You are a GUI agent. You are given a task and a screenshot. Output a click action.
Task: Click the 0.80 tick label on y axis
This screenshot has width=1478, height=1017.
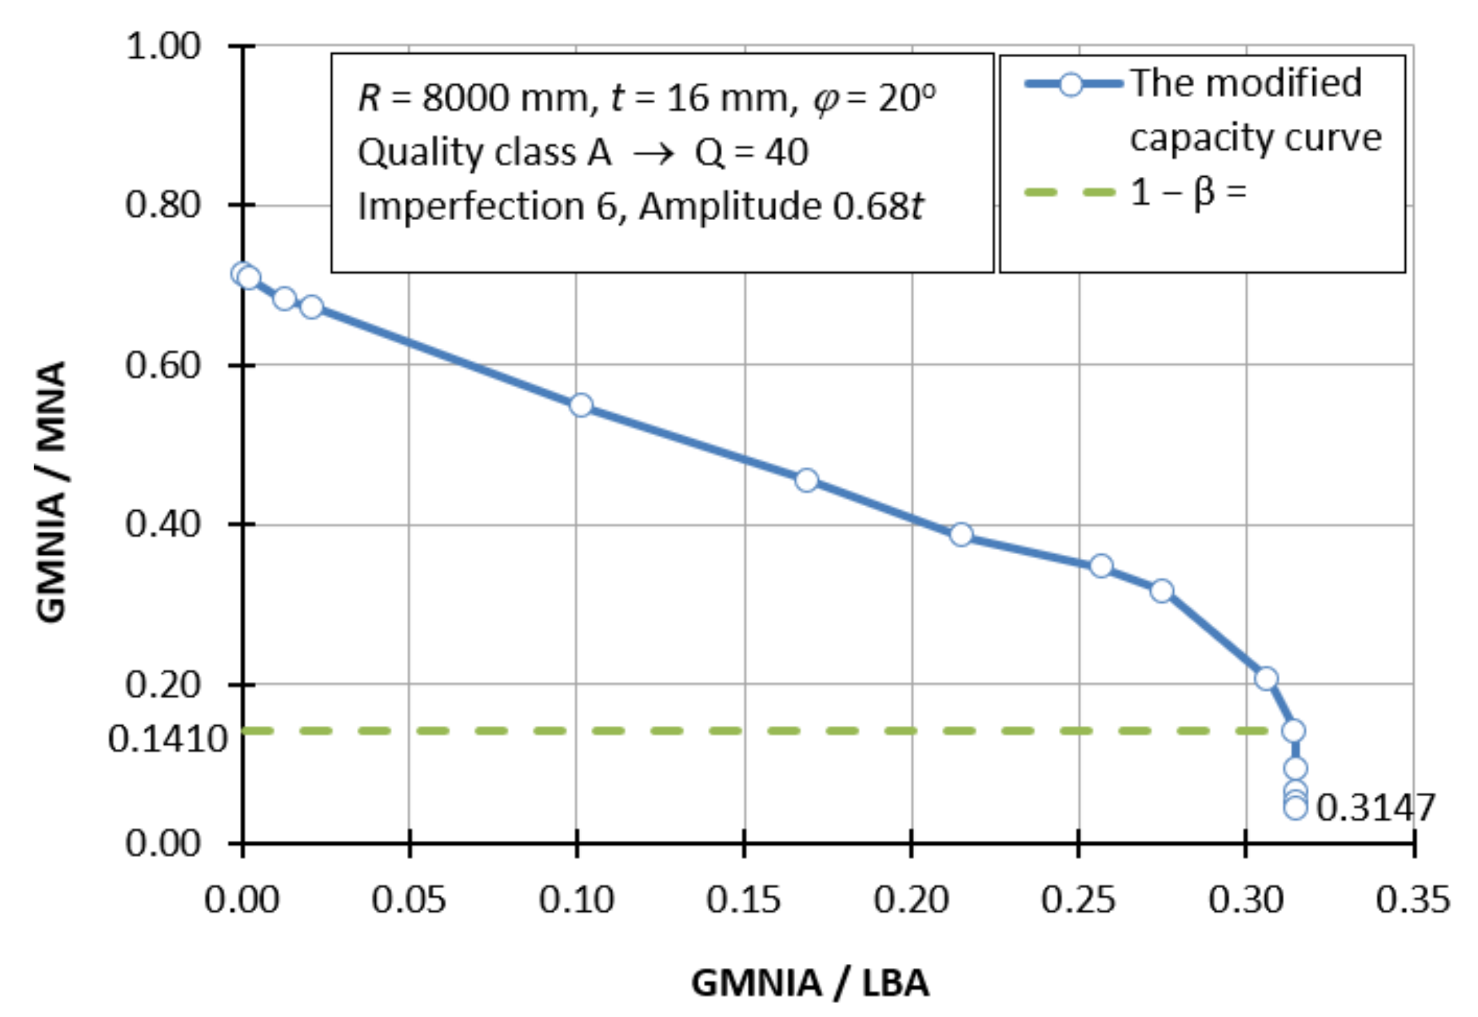coord(163,205)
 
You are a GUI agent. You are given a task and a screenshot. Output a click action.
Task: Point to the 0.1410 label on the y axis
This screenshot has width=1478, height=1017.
coord(167,740)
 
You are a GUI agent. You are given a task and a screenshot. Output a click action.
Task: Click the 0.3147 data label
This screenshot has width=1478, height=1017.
coord(1375,808)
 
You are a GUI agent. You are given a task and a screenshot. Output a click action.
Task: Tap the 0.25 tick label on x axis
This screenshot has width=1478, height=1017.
coord(1078,900)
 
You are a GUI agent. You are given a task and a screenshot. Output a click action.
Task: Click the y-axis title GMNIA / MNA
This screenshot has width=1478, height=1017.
coord(51,491)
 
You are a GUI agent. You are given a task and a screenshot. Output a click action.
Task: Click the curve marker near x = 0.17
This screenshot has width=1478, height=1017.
coord(807,480)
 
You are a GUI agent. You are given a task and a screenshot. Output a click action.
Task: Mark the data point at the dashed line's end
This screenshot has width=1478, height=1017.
coord(1294,731)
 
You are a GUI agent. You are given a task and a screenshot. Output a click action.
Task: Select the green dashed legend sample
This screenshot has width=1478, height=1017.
coord(1070,192)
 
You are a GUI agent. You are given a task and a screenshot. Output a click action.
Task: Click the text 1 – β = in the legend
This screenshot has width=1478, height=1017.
coord(1188,192)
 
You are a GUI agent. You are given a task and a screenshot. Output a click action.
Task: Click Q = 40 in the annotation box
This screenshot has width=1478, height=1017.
coord(751,153)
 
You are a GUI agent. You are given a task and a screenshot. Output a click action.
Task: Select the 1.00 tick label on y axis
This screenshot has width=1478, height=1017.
coord(163,46)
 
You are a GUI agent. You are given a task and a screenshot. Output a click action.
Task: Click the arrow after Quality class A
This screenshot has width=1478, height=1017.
coord(654,154)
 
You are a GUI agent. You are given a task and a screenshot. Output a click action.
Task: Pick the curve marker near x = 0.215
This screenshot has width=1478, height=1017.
coord(962,535)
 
